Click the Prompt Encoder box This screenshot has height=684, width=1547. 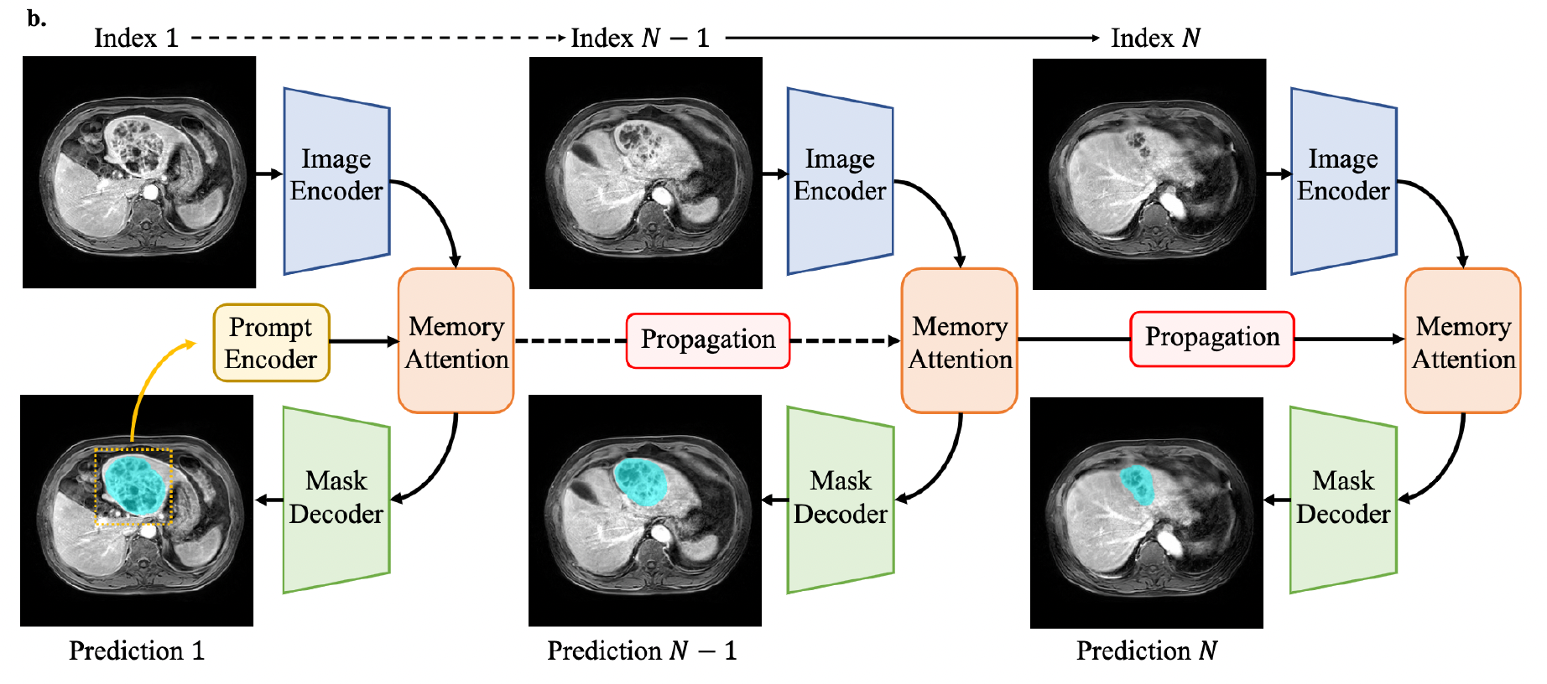point(271,343)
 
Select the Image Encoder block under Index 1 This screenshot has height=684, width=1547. point(336,180)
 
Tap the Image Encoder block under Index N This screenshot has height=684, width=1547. point(1343,180)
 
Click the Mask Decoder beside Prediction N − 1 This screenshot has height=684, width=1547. point(841,500)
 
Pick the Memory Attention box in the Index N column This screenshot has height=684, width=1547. point(1463,340)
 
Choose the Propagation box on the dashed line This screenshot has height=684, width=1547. point(708,340)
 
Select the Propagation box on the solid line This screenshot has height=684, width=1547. point(1212,339)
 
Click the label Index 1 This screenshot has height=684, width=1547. point(136,38)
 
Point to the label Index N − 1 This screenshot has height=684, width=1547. point(640,38)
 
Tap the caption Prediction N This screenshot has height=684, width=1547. point(1147,650)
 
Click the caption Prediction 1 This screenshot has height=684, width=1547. point(137,650)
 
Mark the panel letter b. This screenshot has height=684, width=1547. point(36,18)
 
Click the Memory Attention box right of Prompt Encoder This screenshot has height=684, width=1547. point(456,340)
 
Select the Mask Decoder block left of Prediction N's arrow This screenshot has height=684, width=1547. point(1343,500)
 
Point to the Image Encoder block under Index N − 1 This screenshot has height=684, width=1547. point(840,180)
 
